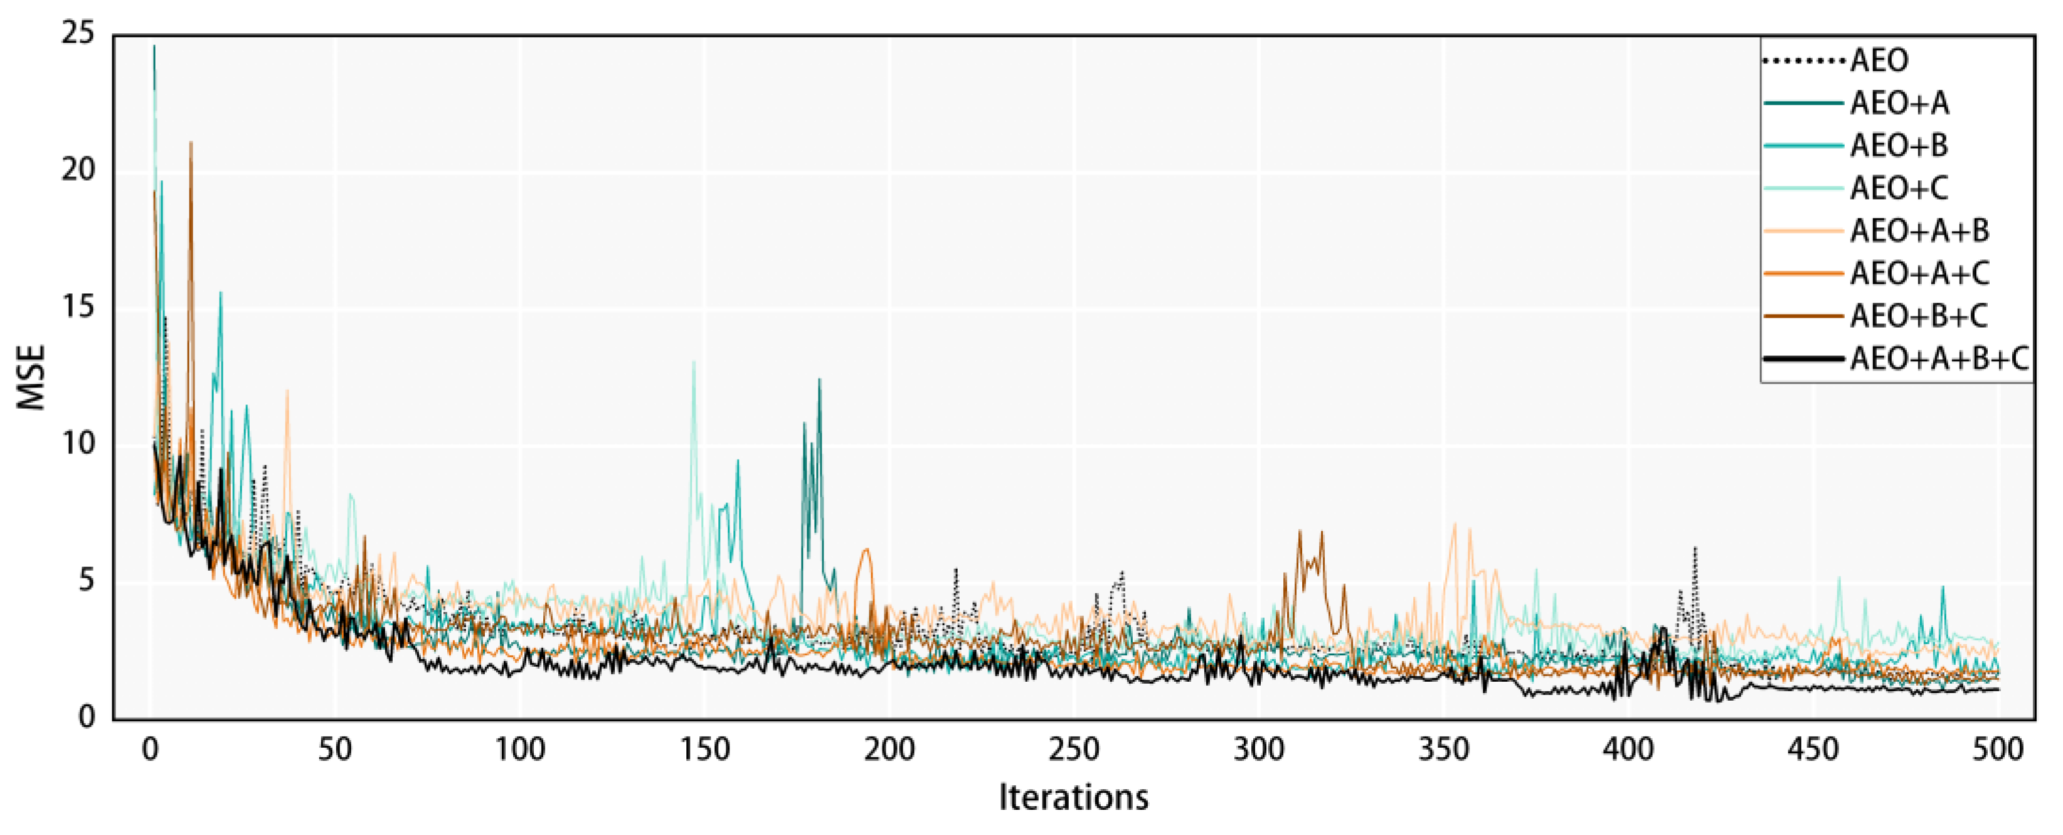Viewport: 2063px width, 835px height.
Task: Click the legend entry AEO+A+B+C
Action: [1939, 359]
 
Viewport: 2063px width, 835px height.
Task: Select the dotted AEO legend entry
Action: [1879, 60]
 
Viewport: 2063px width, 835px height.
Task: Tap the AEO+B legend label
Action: [1899, 146]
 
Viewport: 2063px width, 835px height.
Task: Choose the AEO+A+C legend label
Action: [1919, 274]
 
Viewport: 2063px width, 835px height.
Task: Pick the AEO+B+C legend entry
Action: [1919, 316]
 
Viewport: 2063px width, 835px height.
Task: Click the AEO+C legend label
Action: [1899, 188]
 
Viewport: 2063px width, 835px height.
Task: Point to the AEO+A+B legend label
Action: [1919, 232]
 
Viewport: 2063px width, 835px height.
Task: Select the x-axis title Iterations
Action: [1073, 797]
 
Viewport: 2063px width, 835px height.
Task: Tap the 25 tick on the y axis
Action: [77, 34]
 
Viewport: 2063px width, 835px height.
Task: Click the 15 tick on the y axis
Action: [77, 307]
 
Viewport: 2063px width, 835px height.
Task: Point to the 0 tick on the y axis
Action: [87, 717]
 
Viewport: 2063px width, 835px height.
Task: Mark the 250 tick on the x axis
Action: [1073, 750]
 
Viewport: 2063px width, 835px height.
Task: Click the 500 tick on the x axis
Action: [1997, 750]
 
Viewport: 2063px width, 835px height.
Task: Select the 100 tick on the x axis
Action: [520, 750]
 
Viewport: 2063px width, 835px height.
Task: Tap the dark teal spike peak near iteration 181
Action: [819, 380]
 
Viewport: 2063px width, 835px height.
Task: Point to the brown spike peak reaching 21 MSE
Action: [191, 143]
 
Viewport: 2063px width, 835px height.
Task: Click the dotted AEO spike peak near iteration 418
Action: [1695, 548]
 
